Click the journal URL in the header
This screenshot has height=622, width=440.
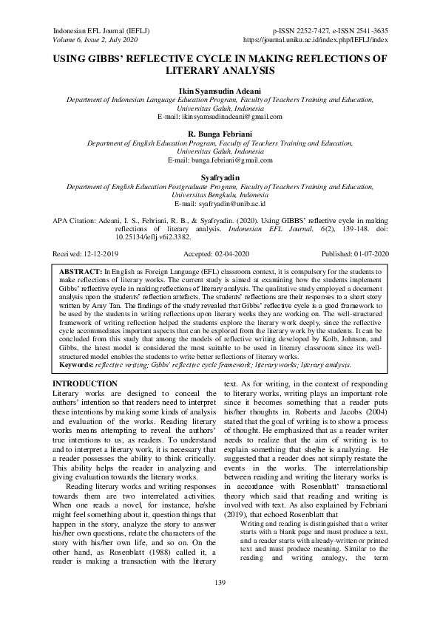pos(316,41)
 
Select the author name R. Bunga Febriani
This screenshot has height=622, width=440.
pos(220,131)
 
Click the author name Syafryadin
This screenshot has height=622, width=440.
pos(220,177)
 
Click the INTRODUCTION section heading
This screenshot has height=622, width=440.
pos(85,363)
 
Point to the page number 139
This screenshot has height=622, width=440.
pos(220,584)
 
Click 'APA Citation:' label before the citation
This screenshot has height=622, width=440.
pos(76,221)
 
